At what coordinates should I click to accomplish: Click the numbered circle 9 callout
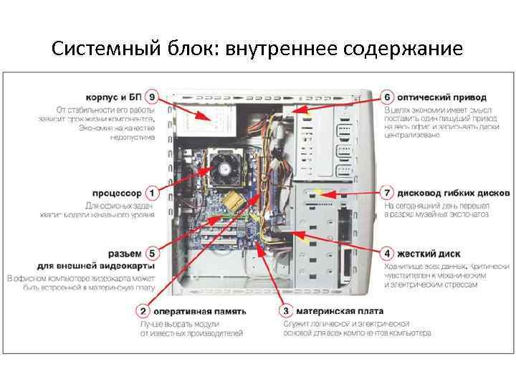(x=150, y=97)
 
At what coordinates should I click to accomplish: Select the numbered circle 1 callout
(x=151, y=193)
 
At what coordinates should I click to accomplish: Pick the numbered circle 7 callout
(x=386, y=193)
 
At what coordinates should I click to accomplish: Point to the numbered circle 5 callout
(x=151, y=254)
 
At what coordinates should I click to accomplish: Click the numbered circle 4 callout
(x=386, y=254)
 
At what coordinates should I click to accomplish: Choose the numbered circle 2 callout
(x=144, y=311)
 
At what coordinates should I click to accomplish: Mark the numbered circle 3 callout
(x=286, y=311)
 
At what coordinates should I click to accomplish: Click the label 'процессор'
(x=118, y=193)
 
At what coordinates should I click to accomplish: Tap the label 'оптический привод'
(x=441, y=97)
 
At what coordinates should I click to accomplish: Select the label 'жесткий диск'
(x=429, y=254)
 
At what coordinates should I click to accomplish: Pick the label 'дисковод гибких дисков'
(x=454, y=193)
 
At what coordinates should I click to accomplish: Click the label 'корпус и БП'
(x=113, y=97)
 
